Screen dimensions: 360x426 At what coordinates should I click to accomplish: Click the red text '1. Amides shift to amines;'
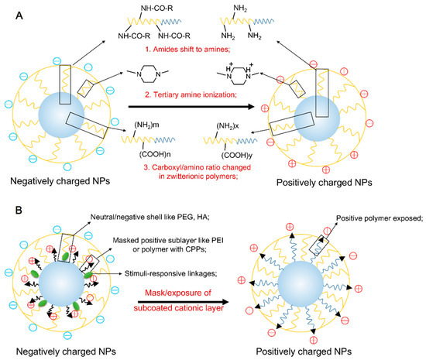tap(208, 47)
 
